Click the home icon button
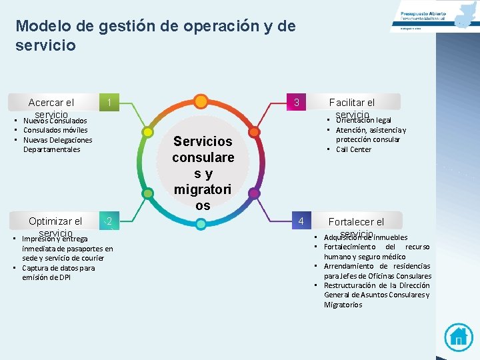tap(458, 337)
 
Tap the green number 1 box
tap(109, 103)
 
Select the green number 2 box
tap(109, 221)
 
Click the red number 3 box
tap(297, 103)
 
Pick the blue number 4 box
tap(301, 221)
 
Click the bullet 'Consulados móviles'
tap(55, 130)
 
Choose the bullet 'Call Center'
tap(353, 149)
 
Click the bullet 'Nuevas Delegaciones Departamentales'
tap(57, 145)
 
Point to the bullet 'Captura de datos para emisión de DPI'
tap(58, 273)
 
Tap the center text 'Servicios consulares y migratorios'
tap(203, 173)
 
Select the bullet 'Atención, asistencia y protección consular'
tap(371, 135)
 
